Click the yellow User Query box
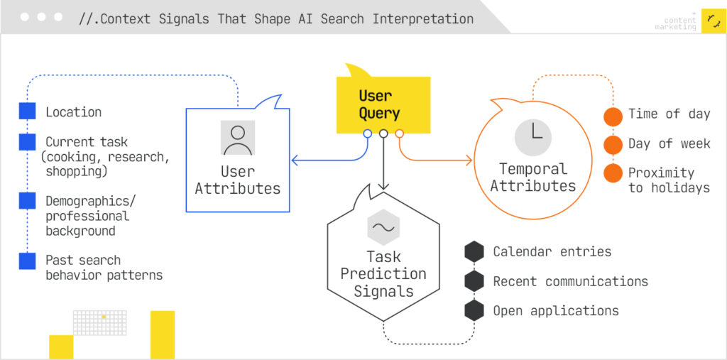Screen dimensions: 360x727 click(x=383, y=104)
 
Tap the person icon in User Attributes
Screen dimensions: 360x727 click(x=237, y=138)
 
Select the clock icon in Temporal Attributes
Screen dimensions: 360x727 click(x=533, y=138)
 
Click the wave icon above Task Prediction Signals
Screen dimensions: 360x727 click(x=383, y=228)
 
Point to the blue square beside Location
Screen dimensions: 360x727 click(x=27, y=111)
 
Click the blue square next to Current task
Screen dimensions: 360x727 click(x=27, y=142)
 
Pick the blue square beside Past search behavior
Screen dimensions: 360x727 click(x=27, y=261)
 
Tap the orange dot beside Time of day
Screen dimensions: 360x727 click(x=613, y=116)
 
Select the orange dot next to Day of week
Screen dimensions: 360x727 click(x=613, y=145)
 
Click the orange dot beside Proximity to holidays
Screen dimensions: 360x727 click(x=613, y=173)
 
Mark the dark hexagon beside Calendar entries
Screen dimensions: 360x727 click(x=474, y=251)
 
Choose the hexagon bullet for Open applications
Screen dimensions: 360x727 click(x=474, y=310)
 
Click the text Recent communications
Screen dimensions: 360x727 click(x=570, y=282)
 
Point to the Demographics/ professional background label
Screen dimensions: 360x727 click(x=87, y=216)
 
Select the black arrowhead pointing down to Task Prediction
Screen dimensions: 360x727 click(x=383, y=187)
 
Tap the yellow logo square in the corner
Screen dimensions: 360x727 click(x=713, y=21)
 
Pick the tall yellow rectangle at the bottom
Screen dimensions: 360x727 click(x=163, y=334)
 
